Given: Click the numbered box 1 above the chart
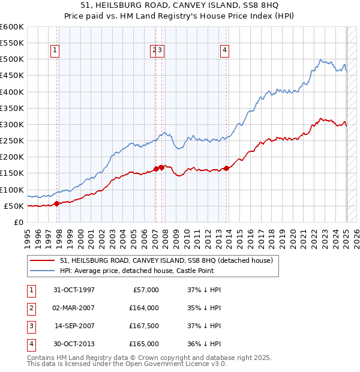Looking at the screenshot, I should click(55, 51).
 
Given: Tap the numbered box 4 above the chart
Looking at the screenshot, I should click(224, 51).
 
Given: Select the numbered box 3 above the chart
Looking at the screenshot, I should click(161, 51).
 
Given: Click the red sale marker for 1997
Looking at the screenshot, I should click(56, 203).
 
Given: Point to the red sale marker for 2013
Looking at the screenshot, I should click(226, 168).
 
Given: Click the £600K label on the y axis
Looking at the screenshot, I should click(12, 27).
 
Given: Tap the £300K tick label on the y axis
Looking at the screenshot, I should click(12, 125).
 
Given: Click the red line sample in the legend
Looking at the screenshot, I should click(43, 260).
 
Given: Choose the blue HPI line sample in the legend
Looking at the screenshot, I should click(43, 271).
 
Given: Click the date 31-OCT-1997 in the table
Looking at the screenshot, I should click(74, 290).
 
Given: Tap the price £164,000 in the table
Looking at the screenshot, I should click(145, 308).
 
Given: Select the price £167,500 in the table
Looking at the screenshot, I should click(145, 326).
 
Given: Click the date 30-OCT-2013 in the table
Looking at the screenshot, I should click(74, 344).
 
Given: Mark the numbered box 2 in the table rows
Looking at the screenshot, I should click(29, 308).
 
